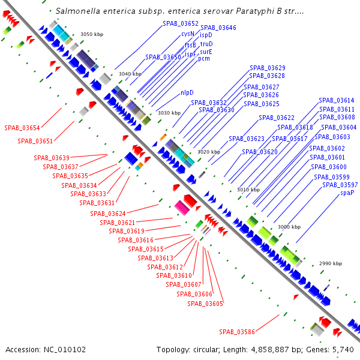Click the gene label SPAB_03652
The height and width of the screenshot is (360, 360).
point(180,23)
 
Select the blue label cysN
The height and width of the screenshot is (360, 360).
point(188,34)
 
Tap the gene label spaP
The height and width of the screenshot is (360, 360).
point(347,193)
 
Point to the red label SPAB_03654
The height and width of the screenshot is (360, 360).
point(22,128)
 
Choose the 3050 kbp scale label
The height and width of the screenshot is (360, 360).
point(92,34)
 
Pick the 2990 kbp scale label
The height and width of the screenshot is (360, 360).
point(330,263)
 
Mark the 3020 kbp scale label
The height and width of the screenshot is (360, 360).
point(209,152)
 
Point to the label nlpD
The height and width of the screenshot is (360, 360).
point(187,92)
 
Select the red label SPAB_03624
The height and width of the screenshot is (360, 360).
point(108,214)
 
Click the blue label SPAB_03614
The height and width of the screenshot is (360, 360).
point(336,100)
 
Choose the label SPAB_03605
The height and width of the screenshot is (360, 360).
point(205,304)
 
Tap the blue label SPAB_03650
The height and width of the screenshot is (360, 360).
point(163,57)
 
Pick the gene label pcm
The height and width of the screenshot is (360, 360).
point(204,59)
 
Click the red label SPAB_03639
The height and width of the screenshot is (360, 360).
point(52,158)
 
